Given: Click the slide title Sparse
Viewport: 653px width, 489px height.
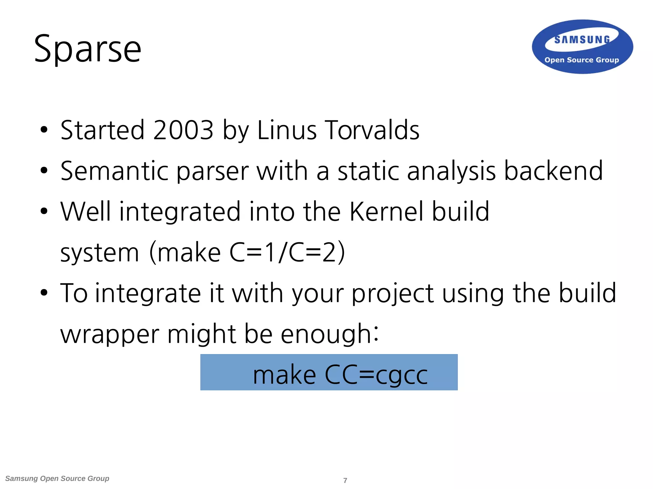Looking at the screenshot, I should tap(87, 49).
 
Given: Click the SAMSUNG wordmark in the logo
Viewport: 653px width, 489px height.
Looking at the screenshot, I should tap(582, 40).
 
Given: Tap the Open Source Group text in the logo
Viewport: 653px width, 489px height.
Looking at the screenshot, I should tap(582, 60).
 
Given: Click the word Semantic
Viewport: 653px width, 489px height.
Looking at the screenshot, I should tap(114, 171).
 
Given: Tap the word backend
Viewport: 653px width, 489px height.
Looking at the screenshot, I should tap(553, 171).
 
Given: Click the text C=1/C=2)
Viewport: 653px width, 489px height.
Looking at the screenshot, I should tap(287, 252).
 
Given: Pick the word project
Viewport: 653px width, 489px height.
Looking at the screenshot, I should tap(393, 294).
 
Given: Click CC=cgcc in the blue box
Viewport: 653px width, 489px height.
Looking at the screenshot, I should tap(376, 375).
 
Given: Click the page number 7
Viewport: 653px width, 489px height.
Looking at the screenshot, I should tap(345, 480).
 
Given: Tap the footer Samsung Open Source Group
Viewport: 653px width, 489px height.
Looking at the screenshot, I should tap(57, 478).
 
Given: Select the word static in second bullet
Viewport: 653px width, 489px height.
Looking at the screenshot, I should tap(368, 171).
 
